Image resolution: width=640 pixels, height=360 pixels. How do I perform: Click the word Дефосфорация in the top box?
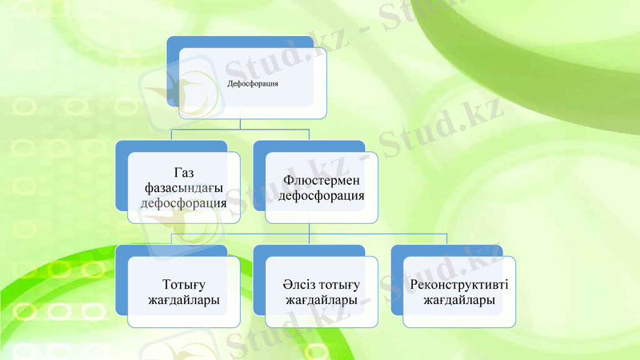click(x=253, y=84)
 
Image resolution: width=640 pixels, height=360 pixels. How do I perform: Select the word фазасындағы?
click(x=183, y=188)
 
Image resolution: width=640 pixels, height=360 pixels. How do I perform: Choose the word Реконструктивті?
click(x=459, y=286)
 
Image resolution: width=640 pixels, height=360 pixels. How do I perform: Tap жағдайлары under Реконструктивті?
click(x=459, y=300)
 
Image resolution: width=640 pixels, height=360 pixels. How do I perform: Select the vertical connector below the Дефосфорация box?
click(x=240, y=130)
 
